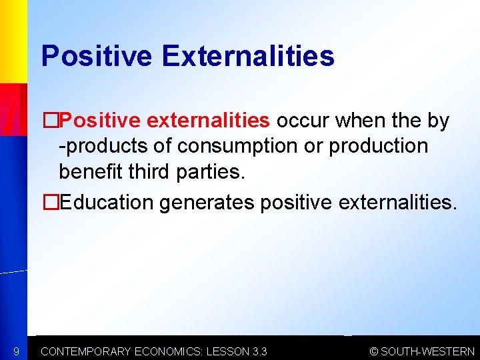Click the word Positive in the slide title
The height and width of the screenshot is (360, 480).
click(x=96, y=57)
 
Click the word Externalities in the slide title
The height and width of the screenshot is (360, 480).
click(x=247, y=57)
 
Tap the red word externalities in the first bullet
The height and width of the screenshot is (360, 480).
click(x=208, y=121)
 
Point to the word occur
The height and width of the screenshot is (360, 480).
click(x=303, y=121)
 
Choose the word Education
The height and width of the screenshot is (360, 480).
click(x=107, y=202)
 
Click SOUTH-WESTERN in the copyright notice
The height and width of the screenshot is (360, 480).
click(x=427, y=351)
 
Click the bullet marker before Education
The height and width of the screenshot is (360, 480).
click(x=51, y=202)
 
